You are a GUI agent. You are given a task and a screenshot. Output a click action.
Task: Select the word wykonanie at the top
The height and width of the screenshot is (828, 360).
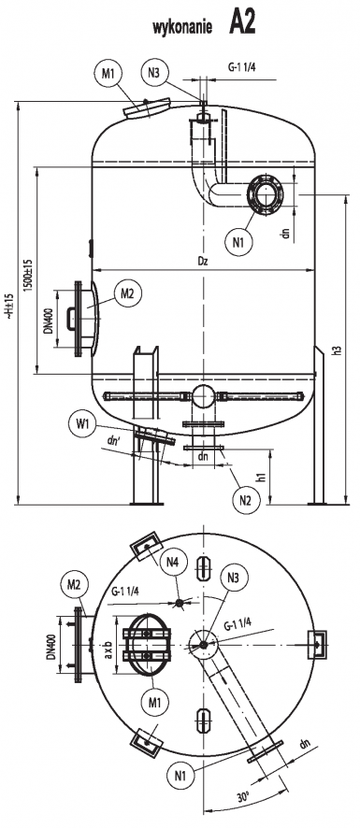[182, 27]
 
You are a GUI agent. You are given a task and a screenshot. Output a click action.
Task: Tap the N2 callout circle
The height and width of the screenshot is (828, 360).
[246, 500]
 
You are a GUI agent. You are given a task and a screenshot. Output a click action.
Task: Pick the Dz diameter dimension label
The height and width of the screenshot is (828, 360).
[203, 261]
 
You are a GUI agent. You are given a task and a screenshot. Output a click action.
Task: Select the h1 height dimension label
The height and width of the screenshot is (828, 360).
[260, 476]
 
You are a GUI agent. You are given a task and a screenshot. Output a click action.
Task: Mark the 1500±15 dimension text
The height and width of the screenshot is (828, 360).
[27, 275]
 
